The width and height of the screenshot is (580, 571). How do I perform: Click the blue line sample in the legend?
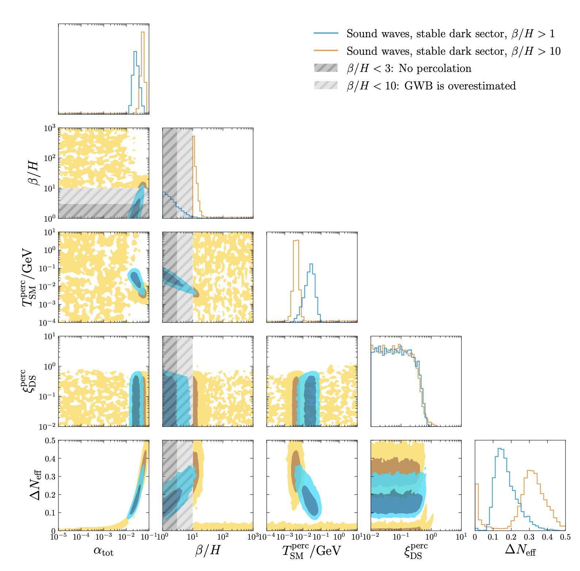tap(326, 34)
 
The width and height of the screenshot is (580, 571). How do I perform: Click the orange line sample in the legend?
tap(326, 51)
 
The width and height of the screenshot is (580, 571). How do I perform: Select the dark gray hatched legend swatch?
tap(326, 68)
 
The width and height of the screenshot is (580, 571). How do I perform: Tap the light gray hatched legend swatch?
tap(326, 86)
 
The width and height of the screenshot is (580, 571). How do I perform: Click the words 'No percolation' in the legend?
tap(435, 68)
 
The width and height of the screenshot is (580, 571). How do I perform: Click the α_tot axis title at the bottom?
tap(103, 551)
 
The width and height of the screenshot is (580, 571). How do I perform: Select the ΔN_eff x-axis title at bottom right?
tap(520, 550)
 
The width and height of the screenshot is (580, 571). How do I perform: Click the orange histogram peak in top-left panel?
tap(143, 32)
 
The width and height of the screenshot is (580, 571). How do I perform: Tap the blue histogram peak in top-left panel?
tap(135, 52)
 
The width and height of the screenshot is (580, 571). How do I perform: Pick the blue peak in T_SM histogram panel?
tap(311, 264)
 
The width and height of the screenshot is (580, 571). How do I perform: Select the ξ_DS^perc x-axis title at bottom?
tap(416, 551)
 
